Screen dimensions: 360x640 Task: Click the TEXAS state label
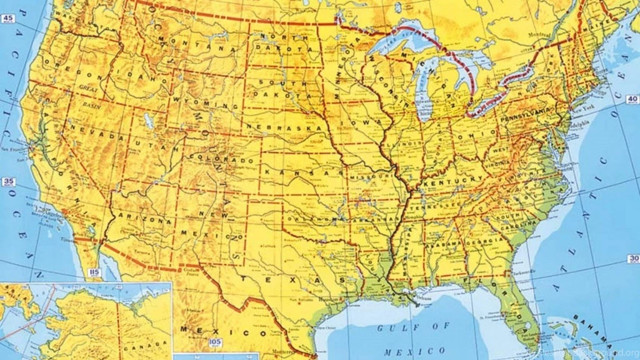(293, 281)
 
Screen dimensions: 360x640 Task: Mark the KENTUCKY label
(453, 181)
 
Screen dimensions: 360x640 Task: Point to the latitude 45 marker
(8, 19)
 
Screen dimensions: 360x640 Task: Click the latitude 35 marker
(8, 182)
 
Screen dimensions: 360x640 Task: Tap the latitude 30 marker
(633, 259)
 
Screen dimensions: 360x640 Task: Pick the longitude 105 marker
(215, 342)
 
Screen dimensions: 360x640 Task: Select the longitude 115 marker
(95, 272)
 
